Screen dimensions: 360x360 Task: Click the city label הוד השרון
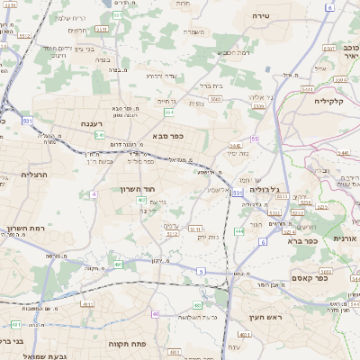(138, 189)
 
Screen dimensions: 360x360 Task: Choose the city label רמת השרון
(27, 228)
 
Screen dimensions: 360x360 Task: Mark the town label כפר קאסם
(334, 278)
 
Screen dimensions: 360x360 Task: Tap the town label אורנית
(345, 238)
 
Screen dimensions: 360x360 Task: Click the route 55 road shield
(255, 139)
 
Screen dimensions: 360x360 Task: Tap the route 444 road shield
(238, 231)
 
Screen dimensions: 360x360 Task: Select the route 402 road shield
(141, 200)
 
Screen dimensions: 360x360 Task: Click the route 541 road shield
(99, 135)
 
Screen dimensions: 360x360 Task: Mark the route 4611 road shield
(16, 324)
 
